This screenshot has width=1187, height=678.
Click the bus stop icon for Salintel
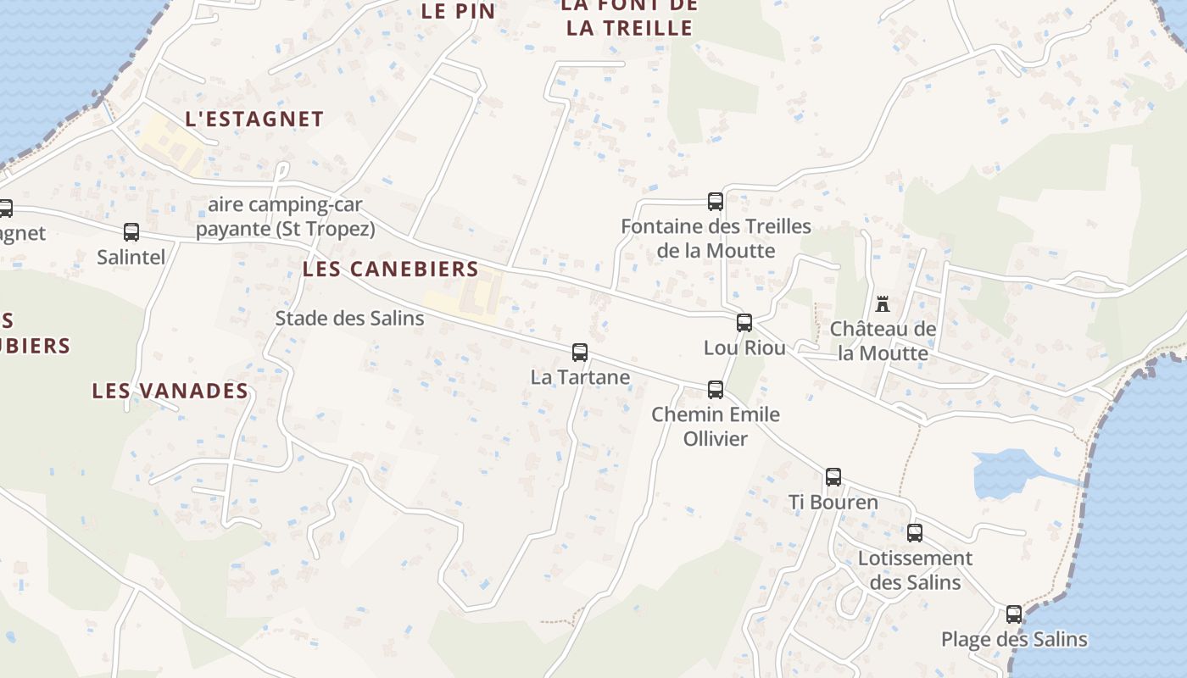tap(131, 232)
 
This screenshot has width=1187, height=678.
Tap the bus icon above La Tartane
tap(580, 353)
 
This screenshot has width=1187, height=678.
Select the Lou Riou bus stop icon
tap(744, 323)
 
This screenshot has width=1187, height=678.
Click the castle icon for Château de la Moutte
tap(883, 303)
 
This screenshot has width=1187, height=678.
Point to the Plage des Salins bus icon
tap(1014, 614)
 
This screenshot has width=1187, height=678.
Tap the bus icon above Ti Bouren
tap(833, 477)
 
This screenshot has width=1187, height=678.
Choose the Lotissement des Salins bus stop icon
tap(915, 533)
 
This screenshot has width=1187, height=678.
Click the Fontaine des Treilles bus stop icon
tap(716, 202)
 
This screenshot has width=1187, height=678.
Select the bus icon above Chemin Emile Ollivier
tap(716, 390)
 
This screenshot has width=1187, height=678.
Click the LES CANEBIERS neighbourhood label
tap(391, 270)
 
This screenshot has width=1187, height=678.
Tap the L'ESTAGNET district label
tap(254, 119)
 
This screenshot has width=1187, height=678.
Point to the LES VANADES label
tap(170, 391)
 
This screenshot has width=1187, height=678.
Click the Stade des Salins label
tap(349, 319)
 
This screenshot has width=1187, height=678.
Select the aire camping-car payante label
tap(286, 217)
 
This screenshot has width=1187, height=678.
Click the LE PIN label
tap(458, 11)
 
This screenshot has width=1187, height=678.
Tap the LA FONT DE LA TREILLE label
tap(629, 17)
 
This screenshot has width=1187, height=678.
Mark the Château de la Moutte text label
tap(883, 341)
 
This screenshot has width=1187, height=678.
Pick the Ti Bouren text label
tap(833, 502)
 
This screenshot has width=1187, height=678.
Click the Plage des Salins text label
tap(1014, 640)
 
